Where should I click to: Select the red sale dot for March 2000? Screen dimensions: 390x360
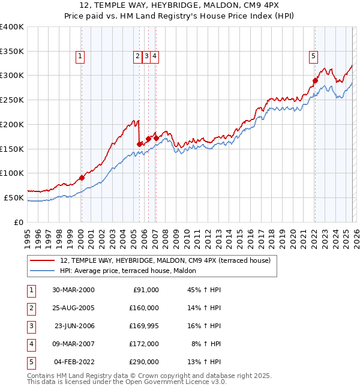click(x=82, y=178)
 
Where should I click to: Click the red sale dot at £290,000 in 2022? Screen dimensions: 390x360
click(x=314, y=80)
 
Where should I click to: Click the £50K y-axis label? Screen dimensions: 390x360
click(x=14, y=197)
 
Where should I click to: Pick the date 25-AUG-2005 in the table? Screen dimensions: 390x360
click(x=74, y=308)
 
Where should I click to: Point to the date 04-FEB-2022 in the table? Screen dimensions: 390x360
click(x=74, y=362)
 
